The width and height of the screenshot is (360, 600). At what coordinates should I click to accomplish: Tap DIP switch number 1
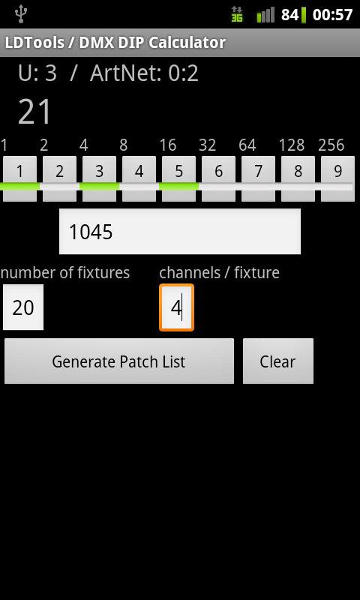pyautogui.click(x=20, y=178)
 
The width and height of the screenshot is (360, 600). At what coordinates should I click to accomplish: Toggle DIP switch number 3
pyautogui.click(x=100, y=178)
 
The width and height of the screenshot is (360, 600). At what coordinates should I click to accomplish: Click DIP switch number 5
pyautogui.click(x=179, y=178)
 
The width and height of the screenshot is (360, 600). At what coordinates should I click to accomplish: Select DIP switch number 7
pyautogui.click(x=258, y=178)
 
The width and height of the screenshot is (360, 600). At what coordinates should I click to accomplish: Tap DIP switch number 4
pyautogui.click(x=139, y=178)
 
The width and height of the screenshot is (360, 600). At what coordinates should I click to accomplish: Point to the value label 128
pyautogui.click(x=292, y=145)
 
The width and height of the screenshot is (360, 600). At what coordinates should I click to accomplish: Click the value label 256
pyautogui.click(x=331, y=145)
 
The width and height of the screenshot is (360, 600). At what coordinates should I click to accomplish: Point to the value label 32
pyautogui.click(x=207, y=145)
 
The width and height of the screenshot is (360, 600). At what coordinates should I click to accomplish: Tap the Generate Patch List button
pyautogui.click(x=119, y=361)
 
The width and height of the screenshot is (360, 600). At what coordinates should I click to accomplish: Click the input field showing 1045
pyautogui.click(x=180, y=231)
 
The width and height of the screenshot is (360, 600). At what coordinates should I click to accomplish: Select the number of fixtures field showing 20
pyautogui.click(x=23, y=307)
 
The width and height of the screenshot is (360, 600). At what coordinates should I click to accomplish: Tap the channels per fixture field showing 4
pyautogui.click(x=177, y=307)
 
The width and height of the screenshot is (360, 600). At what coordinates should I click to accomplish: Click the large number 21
pyautogui.click(x=34, y=112)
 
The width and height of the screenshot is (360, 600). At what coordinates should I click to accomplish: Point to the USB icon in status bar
pyautogui.click(x=20, y=14)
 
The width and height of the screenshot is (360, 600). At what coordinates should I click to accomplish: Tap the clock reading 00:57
pyautogui.click(x=332, y=14)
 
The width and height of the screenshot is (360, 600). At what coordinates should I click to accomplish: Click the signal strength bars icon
pyautogui.click(x=265, y=15)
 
